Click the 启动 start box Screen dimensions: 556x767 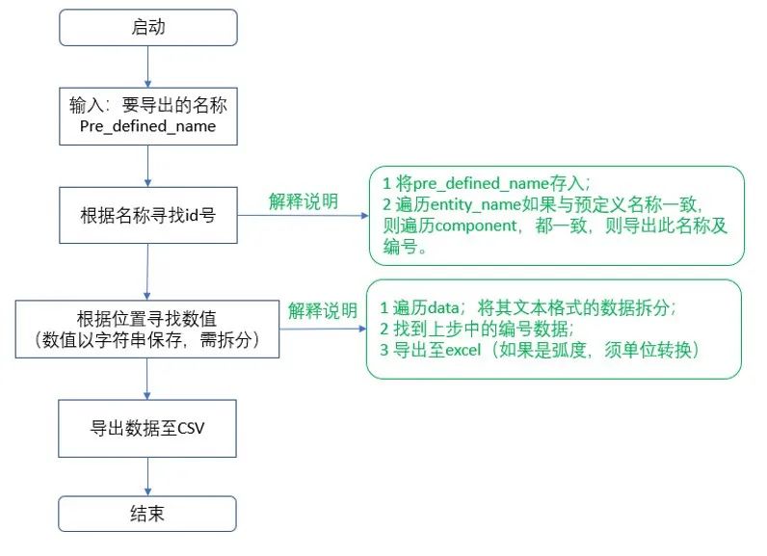pyautogui.click(x=147, y=28)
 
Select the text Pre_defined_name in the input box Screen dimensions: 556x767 pyautogui.click(x=147, y=126)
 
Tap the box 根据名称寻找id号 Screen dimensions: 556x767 pyautogui.click(x=147, y=216)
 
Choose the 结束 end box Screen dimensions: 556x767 pyautogui.click(x=147, y=513)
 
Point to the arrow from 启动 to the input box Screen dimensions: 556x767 pyautogui.click(x=147, y=65)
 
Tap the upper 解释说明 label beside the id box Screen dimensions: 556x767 pyautogui.click(x=303, y=201)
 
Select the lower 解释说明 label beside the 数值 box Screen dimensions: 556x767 pyautogui.click(x=323, y=311)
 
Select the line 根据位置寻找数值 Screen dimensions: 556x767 pyautogui.click(x=147, y=318)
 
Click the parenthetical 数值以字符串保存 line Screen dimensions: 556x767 pyautogui.click(x=147, y=339)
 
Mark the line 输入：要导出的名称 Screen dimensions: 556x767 pyautogui.click(x=147, y=105)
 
